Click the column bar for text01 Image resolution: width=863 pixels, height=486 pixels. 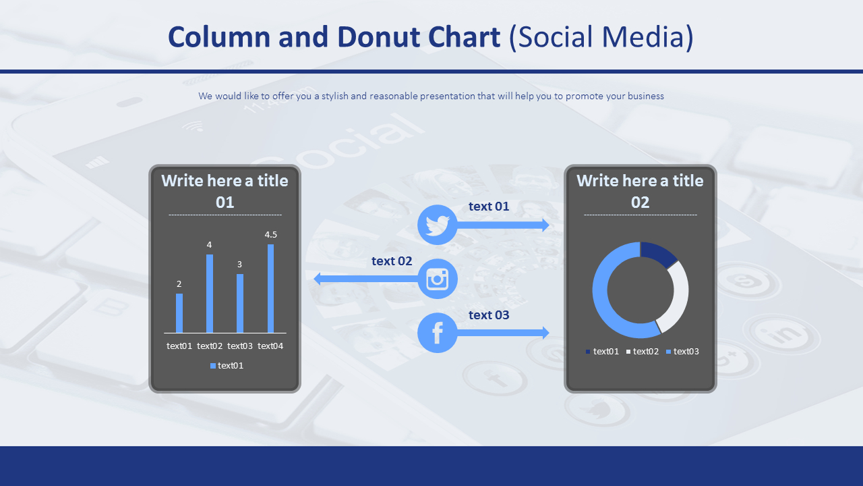coord(179,313)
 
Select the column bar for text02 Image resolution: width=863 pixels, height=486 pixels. coord(210,293)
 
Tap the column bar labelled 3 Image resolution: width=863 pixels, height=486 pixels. coord(239,303)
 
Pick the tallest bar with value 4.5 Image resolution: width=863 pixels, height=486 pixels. coord(270,288)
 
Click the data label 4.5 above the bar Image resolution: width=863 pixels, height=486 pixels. coord(270,234)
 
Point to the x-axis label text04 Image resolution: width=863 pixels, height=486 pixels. coord(270,346)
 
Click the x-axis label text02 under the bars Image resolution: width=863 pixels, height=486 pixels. coord(210,346)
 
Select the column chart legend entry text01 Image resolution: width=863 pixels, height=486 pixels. coord(227,365)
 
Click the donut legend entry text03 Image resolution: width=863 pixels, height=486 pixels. coord(682,352)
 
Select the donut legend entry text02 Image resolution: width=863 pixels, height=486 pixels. coord(643,352)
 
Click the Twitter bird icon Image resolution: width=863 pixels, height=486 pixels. coord(438,225)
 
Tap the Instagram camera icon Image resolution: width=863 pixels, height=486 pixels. coord(438,279)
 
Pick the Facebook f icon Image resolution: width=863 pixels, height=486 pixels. coord(438,333)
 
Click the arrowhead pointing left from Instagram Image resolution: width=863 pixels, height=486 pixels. coord(317,279)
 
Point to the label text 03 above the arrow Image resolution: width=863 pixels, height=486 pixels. coord(489,315)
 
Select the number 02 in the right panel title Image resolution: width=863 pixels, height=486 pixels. coord(640,202)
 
